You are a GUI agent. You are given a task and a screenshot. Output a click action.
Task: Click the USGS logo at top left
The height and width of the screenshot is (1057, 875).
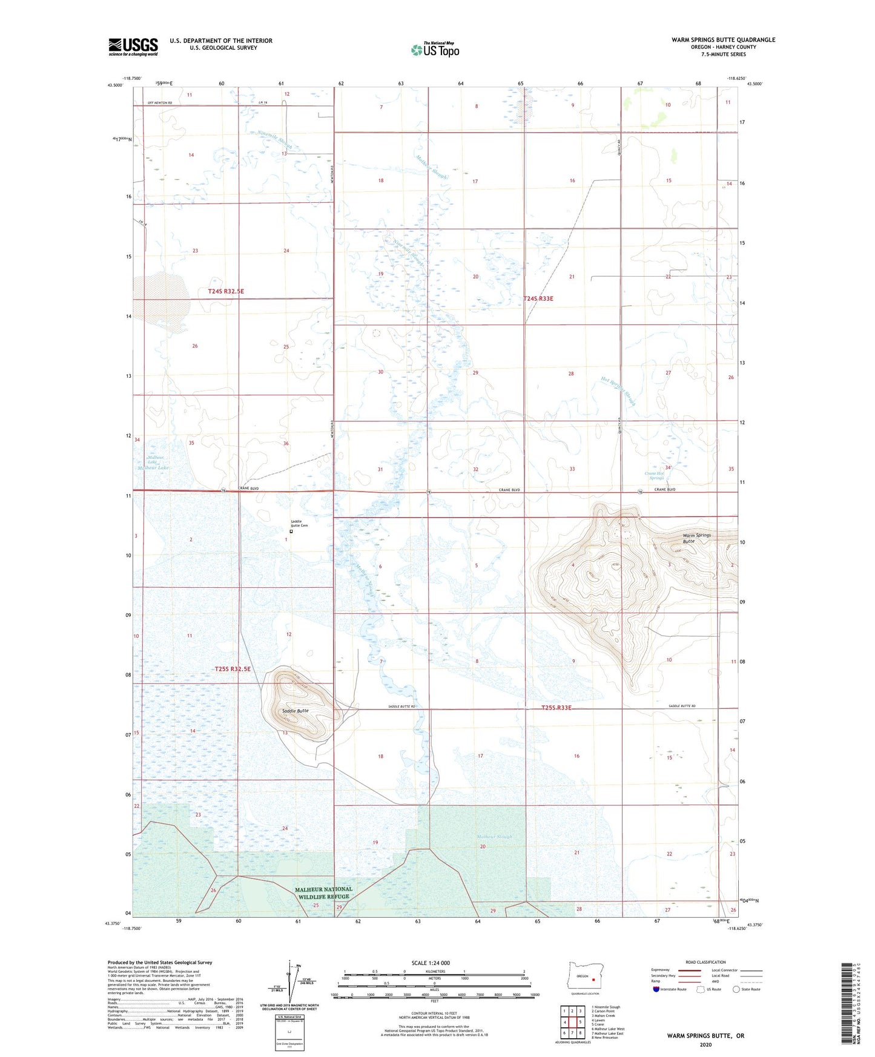click(133, 47)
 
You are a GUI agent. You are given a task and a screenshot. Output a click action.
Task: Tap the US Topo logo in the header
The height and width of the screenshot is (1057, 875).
click(434, 50)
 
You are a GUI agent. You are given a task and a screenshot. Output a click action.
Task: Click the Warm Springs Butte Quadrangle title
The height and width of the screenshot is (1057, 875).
click(723, 40)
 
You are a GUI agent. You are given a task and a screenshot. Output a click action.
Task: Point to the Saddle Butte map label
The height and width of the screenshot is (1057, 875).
click(295, 711)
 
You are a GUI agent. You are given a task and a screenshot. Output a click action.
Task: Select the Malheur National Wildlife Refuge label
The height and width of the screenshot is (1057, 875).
click(323, 893)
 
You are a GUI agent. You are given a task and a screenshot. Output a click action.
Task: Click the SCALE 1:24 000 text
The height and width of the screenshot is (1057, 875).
click(431, 963)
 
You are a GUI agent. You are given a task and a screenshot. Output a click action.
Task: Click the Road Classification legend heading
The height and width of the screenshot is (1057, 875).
click(705, 962)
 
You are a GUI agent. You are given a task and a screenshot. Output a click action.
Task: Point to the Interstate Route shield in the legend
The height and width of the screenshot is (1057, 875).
click(656, 989)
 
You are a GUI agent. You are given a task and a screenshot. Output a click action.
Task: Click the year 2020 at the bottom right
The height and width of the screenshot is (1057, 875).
click(705, 1044)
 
